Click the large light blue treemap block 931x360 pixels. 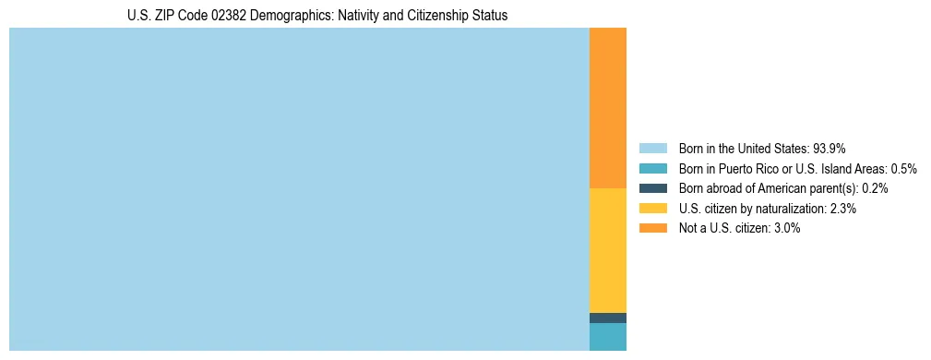pyautogui.click(x=299, y=189)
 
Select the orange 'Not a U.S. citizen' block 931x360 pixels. pyautogui.click(x=607, y=108)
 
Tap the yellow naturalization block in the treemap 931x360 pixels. pyautogui.click(x=607, y=250)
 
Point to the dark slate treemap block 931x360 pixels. pyautogui.click(x=607, y=318)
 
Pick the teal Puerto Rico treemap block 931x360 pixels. pyautogui.click(x=607, y=337)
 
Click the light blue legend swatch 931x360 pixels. pyautogui.click(x=652, y=148)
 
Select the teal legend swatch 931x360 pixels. pyautogui.click(x=652, y=168)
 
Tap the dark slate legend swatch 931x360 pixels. pyautogui.click(x=652, y=188)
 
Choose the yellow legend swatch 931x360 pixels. pyautogui.click(x=652, y=209)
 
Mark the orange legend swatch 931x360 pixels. pyautogui.click(x=652, y=228)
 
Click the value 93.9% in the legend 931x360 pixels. pyautogui.click(x=830, y=148)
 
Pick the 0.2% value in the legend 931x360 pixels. pyautogui.click(x=875, y=188)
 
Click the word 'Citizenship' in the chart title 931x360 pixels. pyautogui.click(x=426, y=16)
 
